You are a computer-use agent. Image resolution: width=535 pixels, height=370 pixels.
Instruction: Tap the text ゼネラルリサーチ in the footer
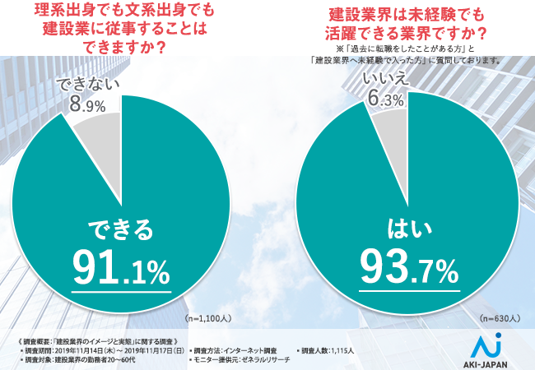click(265, 361)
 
